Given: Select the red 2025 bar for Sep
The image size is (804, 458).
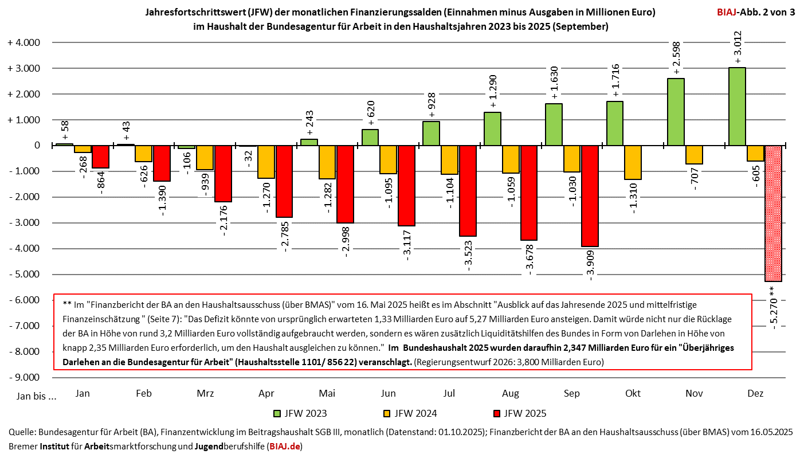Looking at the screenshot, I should click(590, 195).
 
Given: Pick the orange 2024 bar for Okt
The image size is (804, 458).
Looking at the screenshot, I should click(633, 162).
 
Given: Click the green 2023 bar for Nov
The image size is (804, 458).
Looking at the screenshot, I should click(676, 112).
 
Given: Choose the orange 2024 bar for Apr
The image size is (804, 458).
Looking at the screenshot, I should click(266, 162).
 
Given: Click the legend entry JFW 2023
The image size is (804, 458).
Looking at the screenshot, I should click(304, 413).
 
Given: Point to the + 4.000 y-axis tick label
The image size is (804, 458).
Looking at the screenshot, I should click(23, 43).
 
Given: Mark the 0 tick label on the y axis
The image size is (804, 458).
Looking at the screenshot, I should click(37, 146).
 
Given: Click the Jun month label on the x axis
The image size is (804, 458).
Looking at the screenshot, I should click(388, 394).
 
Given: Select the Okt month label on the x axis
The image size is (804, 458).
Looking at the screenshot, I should click(633, 394).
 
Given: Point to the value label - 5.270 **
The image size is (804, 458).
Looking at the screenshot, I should click(773, 306).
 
